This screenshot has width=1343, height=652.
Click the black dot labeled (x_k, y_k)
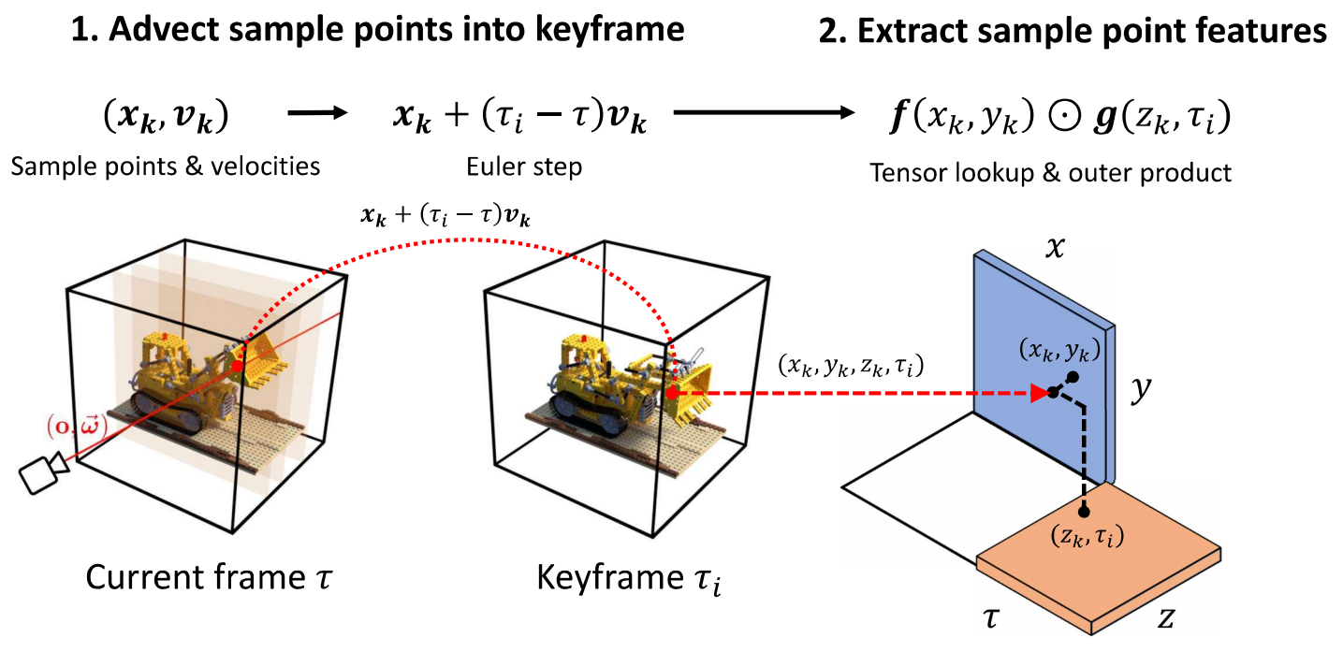1073,376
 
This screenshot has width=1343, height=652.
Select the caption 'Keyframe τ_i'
628,579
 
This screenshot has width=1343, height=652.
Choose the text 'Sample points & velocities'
166,167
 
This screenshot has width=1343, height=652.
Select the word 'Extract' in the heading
904,30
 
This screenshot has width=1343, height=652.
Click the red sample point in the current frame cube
237,367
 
